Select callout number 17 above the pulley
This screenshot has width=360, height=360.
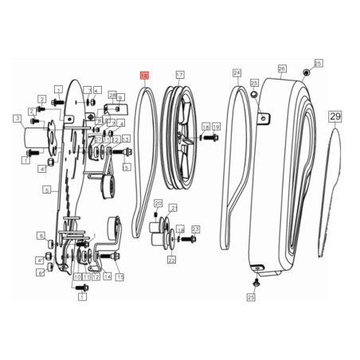pyautogui.click(x=179, y=75)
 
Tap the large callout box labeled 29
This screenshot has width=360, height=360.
pyautogui.click(x=335, y=116)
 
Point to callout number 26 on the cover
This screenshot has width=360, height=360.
pyautogui.click(x=281, y=68)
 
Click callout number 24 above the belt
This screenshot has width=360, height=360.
pyautogui.click(x=237, y=72)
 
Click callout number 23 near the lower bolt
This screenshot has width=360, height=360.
pyautogui.click(x=196, y=229)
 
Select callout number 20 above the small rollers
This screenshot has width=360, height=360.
pyautogui.click(x=158, y=203)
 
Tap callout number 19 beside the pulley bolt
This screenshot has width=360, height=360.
pyautogui.click(x=216, y=127)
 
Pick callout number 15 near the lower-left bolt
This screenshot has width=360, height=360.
pyautogui.click(x=119, y=276)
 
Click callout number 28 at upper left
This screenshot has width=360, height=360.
pyautogui.click(x=112, y=95)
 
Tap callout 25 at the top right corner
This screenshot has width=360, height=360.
pyautogui.click(x=318, y=63)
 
